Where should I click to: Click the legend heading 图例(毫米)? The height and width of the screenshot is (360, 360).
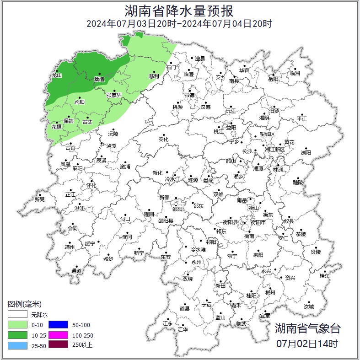pos(25,304)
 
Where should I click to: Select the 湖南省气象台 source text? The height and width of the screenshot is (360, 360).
pos(307,328)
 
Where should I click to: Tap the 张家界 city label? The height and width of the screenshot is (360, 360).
pos(114,95)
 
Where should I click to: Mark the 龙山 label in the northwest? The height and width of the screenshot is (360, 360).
pos(56,75)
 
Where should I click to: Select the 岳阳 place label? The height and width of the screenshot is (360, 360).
pos(273,79)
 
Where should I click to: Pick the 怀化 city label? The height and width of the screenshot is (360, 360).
pos(91,185)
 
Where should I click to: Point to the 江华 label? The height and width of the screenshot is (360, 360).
pos(183,329)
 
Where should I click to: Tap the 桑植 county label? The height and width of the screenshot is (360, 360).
pos(99,79)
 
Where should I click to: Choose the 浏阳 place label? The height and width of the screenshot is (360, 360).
pos(306,152)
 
